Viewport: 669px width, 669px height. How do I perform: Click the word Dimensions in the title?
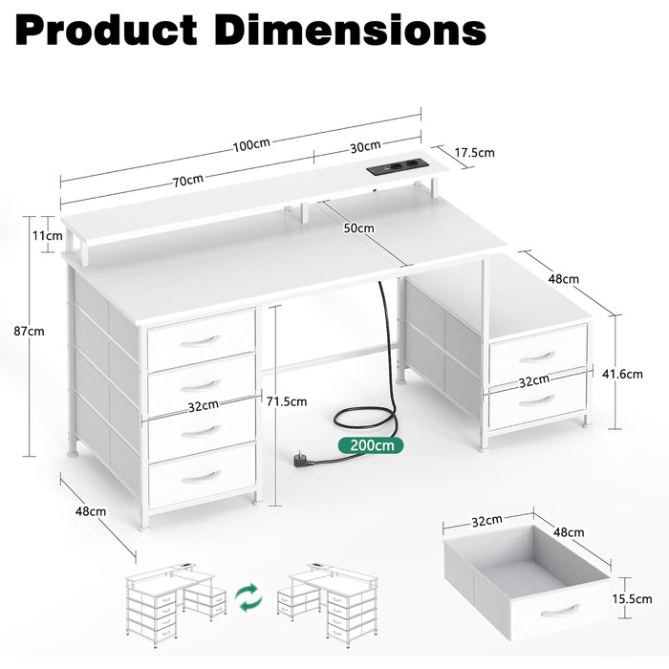click(x=351, y=31)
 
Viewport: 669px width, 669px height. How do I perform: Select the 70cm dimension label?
click(x=187, y=181)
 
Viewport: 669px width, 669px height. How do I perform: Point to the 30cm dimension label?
click(x=365, y=146)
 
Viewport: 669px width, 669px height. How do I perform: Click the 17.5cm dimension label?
click(x=474, y=152)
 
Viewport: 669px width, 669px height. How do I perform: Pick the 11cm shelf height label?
click(x=48, y=235)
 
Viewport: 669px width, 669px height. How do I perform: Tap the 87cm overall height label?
click(x=29, y=331)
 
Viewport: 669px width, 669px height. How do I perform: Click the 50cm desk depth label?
click(x=359, y=228)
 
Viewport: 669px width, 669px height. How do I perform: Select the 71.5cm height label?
click(x=287, y=401)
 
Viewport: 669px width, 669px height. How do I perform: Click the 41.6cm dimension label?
click(x=622, y=375)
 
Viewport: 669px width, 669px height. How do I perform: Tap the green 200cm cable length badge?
click(x=371, y=445)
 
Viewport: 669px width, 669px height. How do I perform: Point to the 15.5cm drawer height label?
click(x=633, y=599)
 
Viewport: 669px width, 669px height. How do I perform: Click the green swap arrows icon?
click(x=248, y=597)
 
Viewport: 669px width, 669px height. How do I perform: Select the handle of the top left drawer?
click(x=200, y=341)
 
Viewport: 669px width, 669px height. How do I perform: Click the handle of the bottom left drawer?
click(x=201, y=477)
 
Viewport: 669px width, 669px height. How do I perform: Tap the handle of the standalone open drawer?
click(x=560, y=611)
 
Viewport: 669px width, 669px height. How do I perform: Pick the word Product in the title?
click(x=106, y=31)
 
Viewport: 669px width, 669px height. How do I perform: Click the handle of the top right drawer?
click(x=537, y=356)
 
